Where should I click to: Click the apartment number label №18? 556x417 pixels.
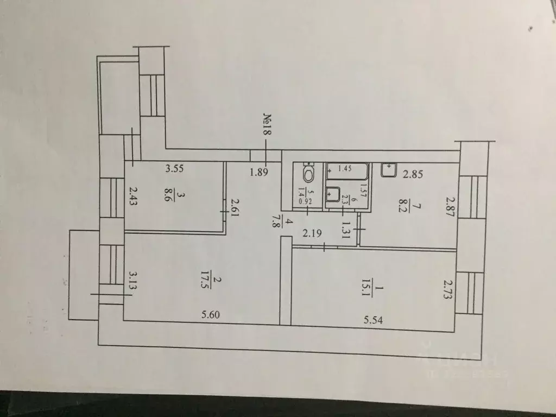(267, 127)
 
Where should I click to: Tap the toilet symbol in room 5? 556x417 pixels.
(308, 172)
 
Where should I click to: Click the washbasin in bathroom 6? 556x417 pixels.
(333, 193)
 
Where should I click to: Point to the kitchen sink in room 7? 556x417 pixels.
(389, 170)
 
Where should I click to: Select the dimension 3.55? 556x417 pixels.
(174, 168)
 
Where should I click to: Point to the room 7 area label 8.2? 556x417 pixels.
(401, 207)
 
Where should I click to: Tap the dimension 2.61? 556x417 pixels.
(235, 207)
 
